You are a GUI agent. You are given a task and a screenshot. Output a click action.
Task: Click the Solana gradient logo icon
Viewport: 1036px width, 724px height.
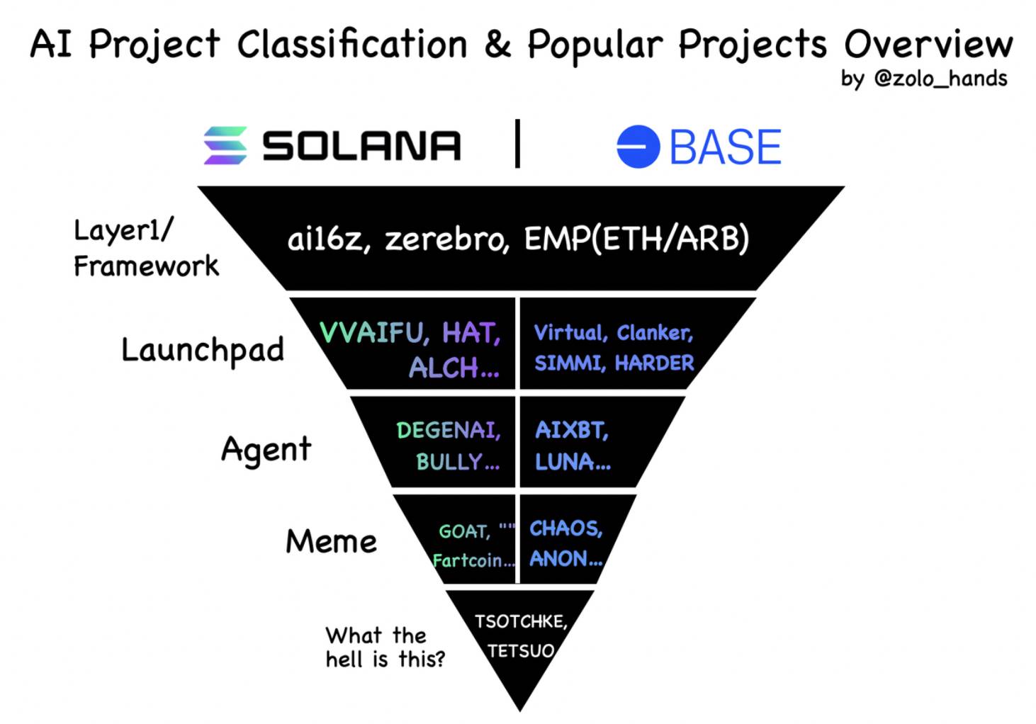[x=225, y=145]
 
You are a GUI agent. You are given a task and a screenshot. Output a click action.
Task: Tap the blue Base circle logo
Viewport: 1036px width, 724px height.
[x=638, y=147]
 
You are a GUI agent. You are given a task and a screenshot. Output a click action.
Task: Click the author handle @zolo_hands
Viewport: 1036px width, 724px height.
[x=941, y=79]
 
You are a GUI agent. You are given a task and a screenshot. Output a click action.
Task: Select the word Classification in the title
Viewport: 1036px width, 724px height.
[x=352, y=45]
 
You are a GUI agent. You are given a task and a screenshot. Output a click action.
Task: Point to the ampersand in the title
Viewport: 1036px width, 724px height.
[x=497, y=45]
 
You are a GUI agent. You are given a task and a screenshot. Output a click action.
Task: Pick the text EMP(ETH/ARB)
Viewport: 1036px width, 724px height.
[x=636, y=239]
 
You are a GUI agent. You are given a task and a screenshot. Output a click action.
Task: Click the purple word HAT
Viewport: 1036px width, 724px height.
[x=471, y=332]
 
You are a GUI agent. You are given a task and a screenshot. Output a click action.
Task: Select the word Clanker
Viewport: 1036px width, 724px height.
[x=655, y=333]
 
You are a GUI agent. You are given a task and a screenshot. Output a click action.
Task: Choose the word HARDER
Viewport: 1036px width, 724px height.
[x=654, y=363]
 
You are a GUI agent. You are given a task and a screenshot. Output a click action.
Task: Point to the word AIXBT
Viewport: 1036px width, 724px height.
[x=572, y=431]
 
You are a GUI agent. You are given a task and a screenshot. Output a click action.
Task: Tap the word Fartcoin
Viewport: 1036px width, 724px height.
[x=473, y=561]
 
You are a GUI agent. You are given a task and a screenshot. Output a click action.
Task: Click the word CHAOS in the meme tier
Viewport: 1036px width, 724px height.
[x=566, y=528]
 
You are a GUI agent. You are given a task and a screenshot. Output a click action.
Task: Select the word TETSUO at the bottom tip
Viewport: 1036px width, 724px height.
[x=521, y=651]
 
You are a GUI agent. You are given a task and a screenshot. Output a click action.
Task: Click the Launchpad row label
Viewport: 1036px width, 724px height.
[x=203, y=351]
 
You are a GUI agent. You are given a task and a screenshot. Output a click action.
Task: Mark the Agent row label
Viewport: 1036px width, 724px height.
[x=266, y=450]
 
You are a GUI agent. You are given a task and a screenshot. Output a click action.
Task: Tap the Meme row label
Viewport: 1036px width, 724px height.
[x=331, y=541]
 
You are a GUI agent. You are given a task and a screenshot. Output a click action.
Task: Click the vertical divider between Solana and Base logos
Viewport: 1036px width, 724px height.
[x=517, y=143]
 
